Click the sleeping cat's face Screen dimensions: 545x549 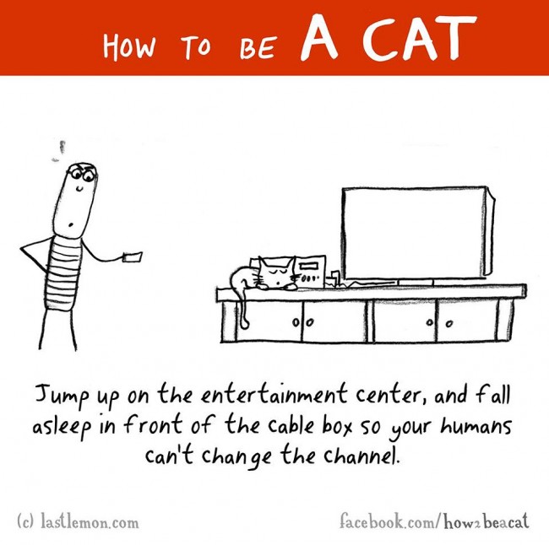pos(275,274)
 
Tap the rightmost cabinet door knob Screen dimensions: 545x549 pos(449,322)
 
